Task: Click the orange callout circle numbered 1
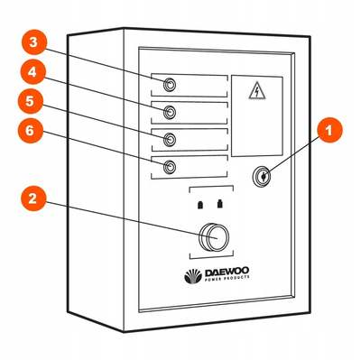point(330,132)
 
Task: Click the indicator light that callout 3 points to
point(169,85)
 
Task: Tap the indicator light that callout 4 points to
point(169,111)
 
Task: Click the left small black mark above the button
point(199,204)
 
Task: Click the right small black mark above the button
point(220,204)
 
